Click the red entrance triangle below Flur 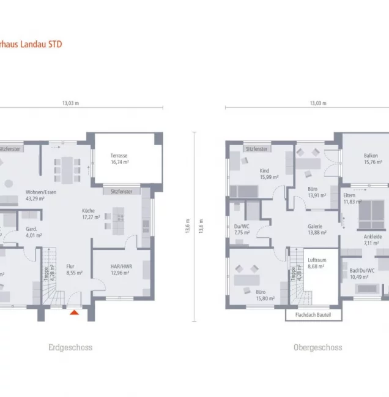75,312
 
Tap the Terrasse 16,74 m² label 119,159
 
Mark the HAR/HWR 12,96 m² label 120,270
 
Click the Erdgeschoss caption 70,347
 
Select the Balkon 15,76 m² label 371,159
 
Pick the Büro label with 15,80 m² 265,296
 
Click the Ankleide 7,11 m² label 372,239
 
